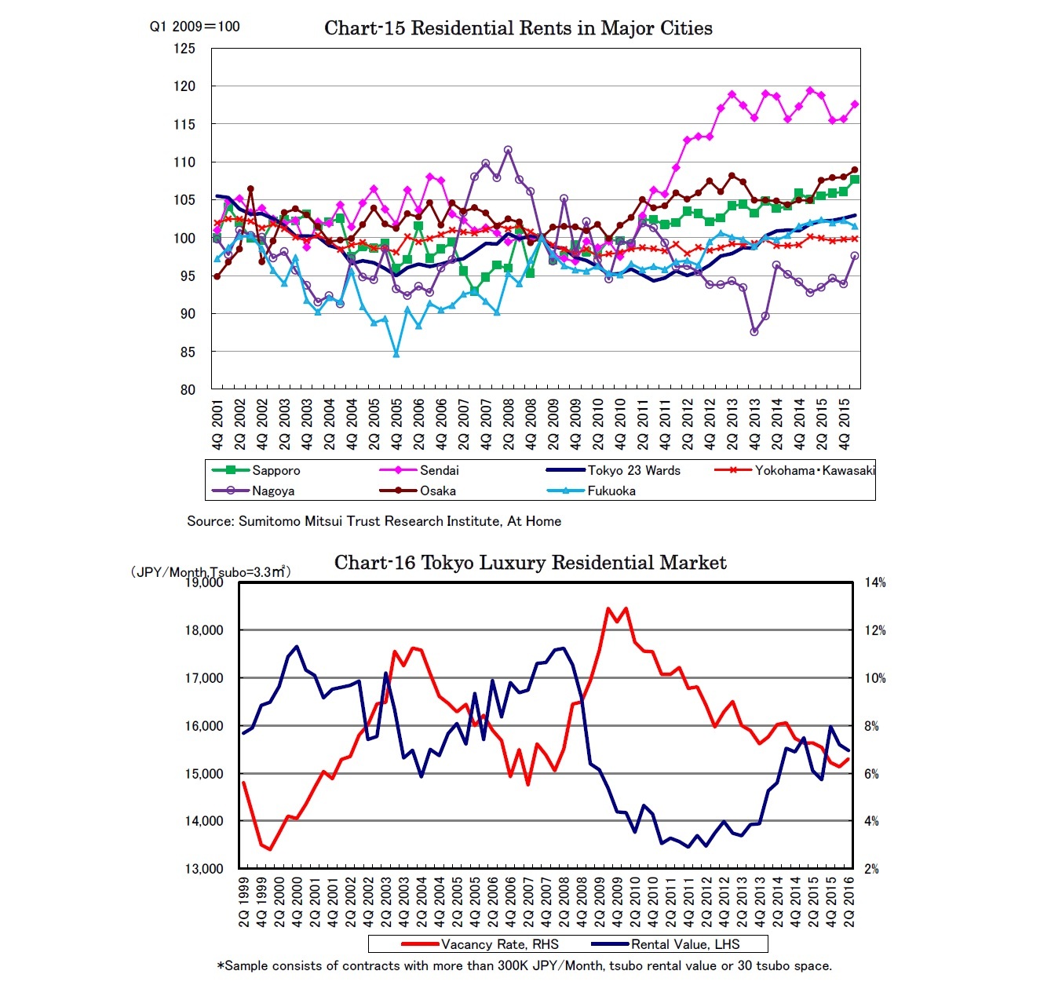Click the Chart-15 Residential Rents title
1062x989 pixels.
point(518,28)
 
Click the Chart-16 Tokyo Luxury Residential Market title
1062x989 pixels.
point(530,563)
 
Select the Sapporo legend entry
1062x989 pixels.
point(276,470)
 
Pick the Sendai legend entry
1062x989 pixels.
point(439,470)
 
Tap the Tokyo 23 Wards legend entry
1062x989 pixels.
point(633,470)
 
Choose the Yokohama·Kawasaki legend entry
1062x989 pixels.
point(814,470)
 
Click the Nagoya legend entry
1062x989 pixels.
point(272,491)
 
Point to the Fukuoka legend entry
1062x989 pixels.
point(611,491)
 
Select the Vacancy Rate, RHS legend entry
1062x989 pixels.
point(499,944)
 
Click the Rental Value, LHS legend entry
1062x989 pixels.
point(685,944)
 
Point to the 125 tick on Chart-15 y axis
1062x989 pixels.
point(184,49)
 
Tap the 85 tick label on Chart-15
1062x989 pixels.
point(187,352)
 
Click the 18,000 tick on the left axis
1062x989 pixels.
point(204,630)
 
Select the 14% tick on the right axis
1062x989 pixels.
point(875,582)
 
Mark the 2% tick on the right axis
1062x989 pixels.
point(871,869)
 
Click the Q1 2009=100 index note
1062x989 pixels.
point(195,27)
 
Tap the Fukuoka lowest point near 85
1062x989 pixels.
point(396,354)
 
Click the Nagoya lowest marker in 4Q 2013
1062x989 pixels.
point(754,331)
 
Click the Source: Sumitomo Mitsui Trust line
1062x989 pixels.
point(374,521)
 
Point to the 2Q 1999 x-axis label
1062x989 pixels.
point(244,903)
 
